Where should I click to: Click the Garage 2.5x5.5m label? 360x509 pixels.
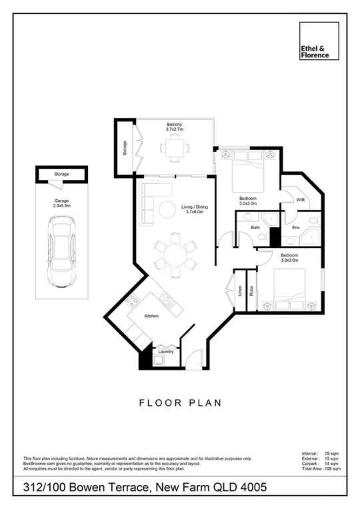tap(61, 204)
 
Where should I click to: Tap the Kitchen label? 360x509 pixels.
tap(151, 316)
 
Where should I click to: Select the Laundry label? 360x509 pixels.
tap(166, 352)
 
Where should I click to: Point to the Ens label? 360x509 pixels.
tap(295, 228)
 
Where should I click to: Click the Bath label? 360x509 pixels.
tap(255, 228)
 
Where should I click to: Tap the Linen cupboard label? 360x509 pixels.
tap(238, 290)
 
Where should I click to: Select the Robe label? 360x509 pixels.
tap(251, 290)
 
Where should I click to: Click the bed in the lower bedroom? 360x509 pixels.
tap(287, 290)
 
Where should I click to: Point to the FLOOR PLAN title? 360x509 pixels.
tap(180, 402)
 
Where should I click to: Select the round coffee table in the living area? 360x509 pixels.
tap(165, 210)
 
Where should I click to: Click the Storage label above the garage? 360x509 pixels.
tap(61, 175)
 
